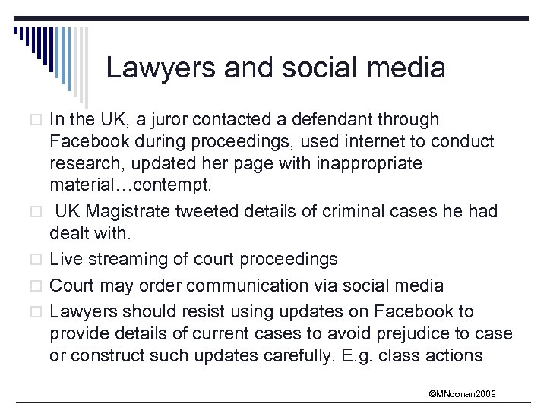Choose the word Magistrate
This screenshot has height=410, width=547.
click(134, 212)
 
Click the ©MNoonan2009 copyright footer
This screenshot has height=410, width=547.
click(463, 394)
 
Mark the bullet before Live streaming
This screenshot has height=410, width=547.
click(39, 260)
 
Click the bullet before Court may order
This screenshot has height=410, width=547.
click(39, 286)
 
